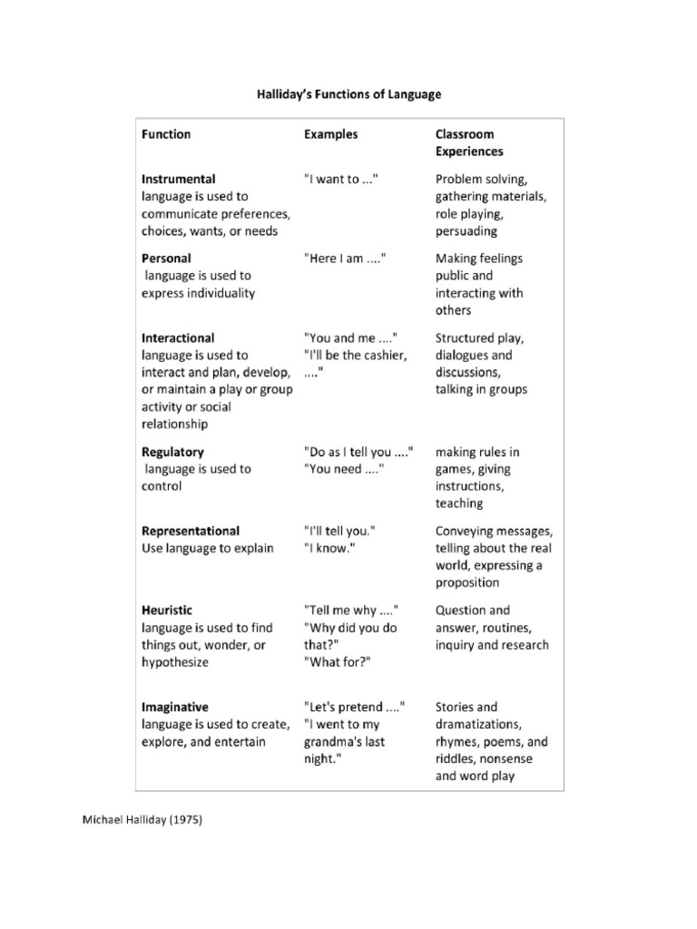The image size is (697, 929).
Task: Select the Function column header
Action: [166, 134]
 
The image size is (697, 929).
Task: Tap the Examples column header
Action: [330, 134]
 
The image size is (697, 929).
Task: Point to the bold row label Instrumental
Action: [179, 179]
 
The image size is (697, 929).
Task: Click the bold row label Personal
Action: [166, 259]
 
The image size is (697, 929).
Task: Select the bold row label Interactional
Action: [178, 337]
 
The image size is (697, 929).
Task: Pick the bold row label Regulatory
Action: [172, 452]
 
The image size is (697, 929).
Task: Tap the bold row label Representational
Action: [191, 531]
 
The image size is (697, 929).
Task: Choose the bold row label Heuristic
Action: [167, 611]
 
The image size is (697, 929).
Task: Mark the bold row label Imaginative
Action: [175, 707]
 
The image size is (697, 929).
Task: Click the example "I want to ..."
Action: [340, 179]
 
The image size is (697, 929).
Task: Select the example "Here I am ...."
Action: [346, 259]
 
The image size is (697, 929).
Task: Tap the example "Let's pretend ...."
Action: [355, 707]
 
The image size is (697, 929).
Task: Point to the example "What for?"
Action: [336, 662]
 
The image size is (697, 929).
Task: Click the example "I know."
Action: [329, 548]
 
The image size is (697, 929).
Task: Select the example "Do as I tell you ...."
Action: [359, 452]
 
